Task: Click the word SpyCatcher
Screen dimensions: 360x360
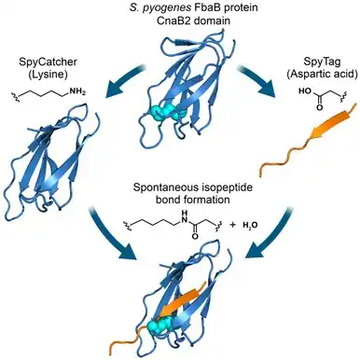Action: [x=48, y=62]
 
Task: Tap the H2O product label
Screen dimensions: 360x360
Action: [x=250, y=225]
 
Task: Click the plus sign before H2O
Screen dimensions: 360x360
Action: [x=232, y=224]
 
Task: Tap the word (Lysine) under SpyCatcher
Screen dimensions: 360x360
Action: [x=48, y=75]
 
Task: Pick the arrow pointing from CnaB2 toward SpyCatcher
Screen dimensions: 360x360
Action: [x=124, y=81]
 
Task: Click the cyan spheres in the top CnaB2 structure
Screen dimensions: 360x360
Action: [x=167, y=112]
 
